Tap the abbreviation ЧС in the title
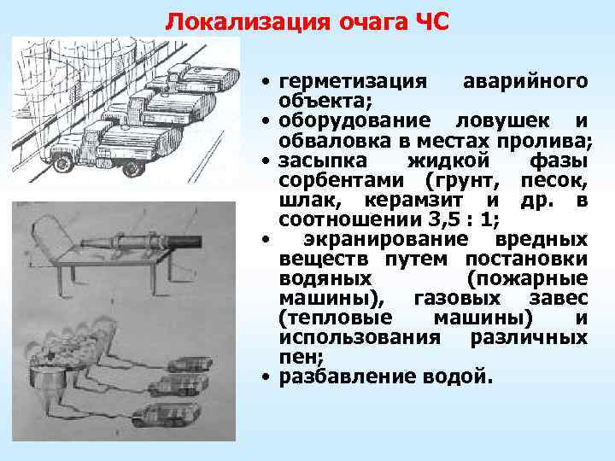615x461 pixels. pos(427,20)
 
